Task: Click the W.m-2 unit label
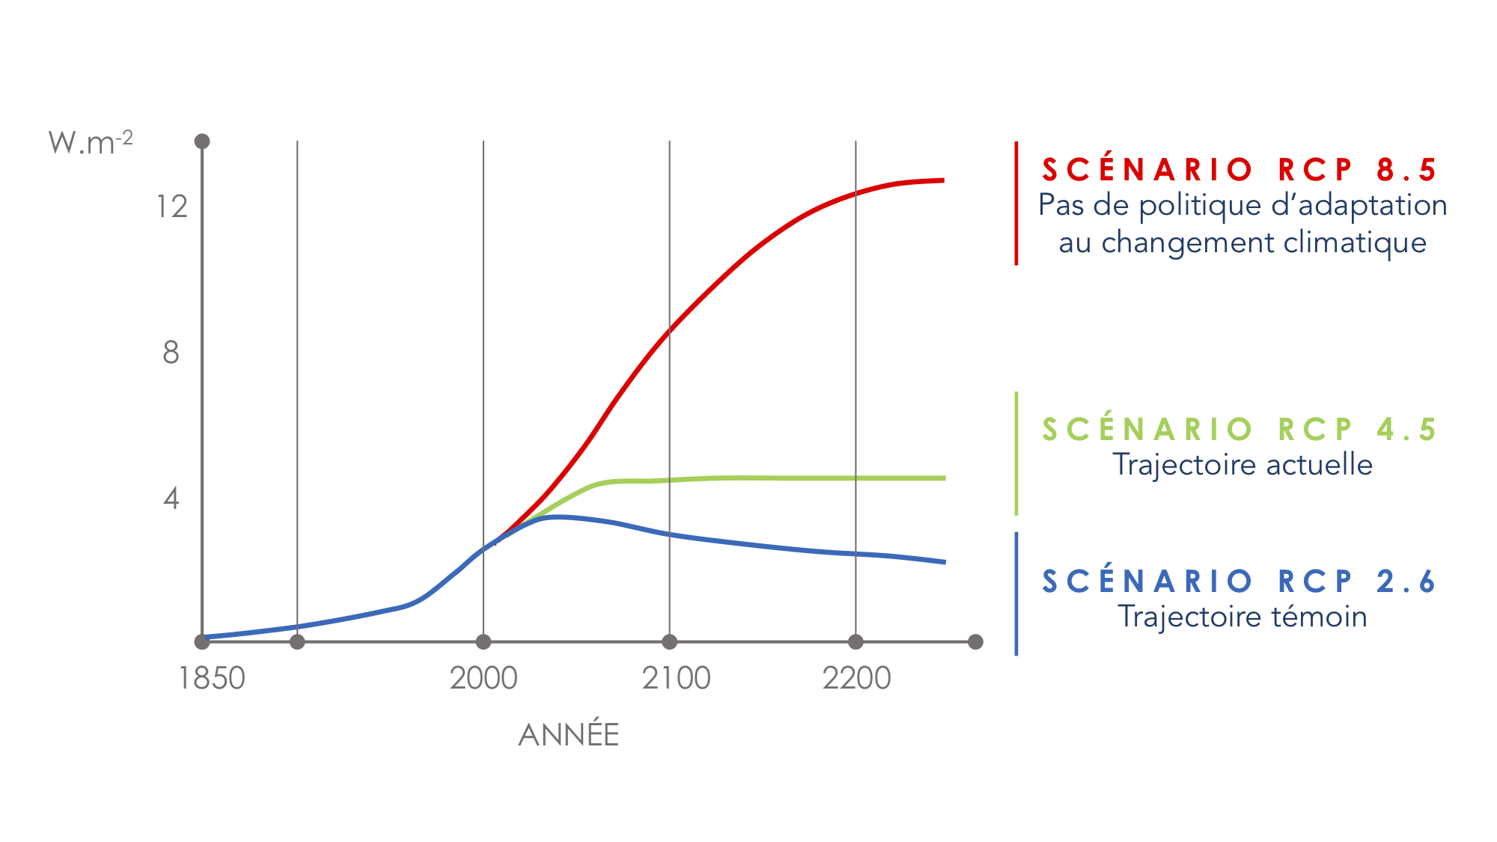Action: [x=91, y=142]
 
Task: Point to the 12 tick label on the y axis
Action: [x=172, y=207]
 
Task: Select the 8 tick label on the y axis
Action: [x=171, y=353]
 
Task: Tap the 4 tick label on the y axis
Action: [x=171, y=498]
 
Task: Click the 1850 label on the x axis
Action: [x=212, y=679]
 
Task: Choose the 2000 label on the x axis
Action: [x=484, y=679]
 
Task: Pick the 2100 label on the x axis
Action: [x=676, y=679]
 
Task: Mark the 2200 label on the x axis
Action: [x=856, y=679]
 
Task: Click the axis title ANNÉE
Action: [x=569, y=734]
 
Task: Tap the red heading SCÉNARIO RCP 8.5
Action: [x=1240, y=169]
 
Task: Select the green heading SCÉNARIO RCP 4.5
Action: [x=1240, y=429]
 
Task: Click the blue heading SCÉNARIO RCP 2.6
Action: [x=1240, y=581]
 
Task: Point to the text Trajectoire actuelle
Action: [x=1243, y=465]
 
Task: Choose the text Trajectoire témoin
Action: [x=1243, y=617]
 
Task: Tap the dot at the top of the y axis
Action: [x=202, y=141]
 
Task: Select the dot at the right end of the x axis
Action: [x=975, y=641]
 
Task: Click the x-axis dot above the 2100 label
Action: [x=670, y=641]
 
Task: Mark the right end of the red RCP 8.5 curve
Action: [x=944, y=180]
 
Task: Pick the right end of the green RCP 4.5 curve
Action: [x=945, y=478]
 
